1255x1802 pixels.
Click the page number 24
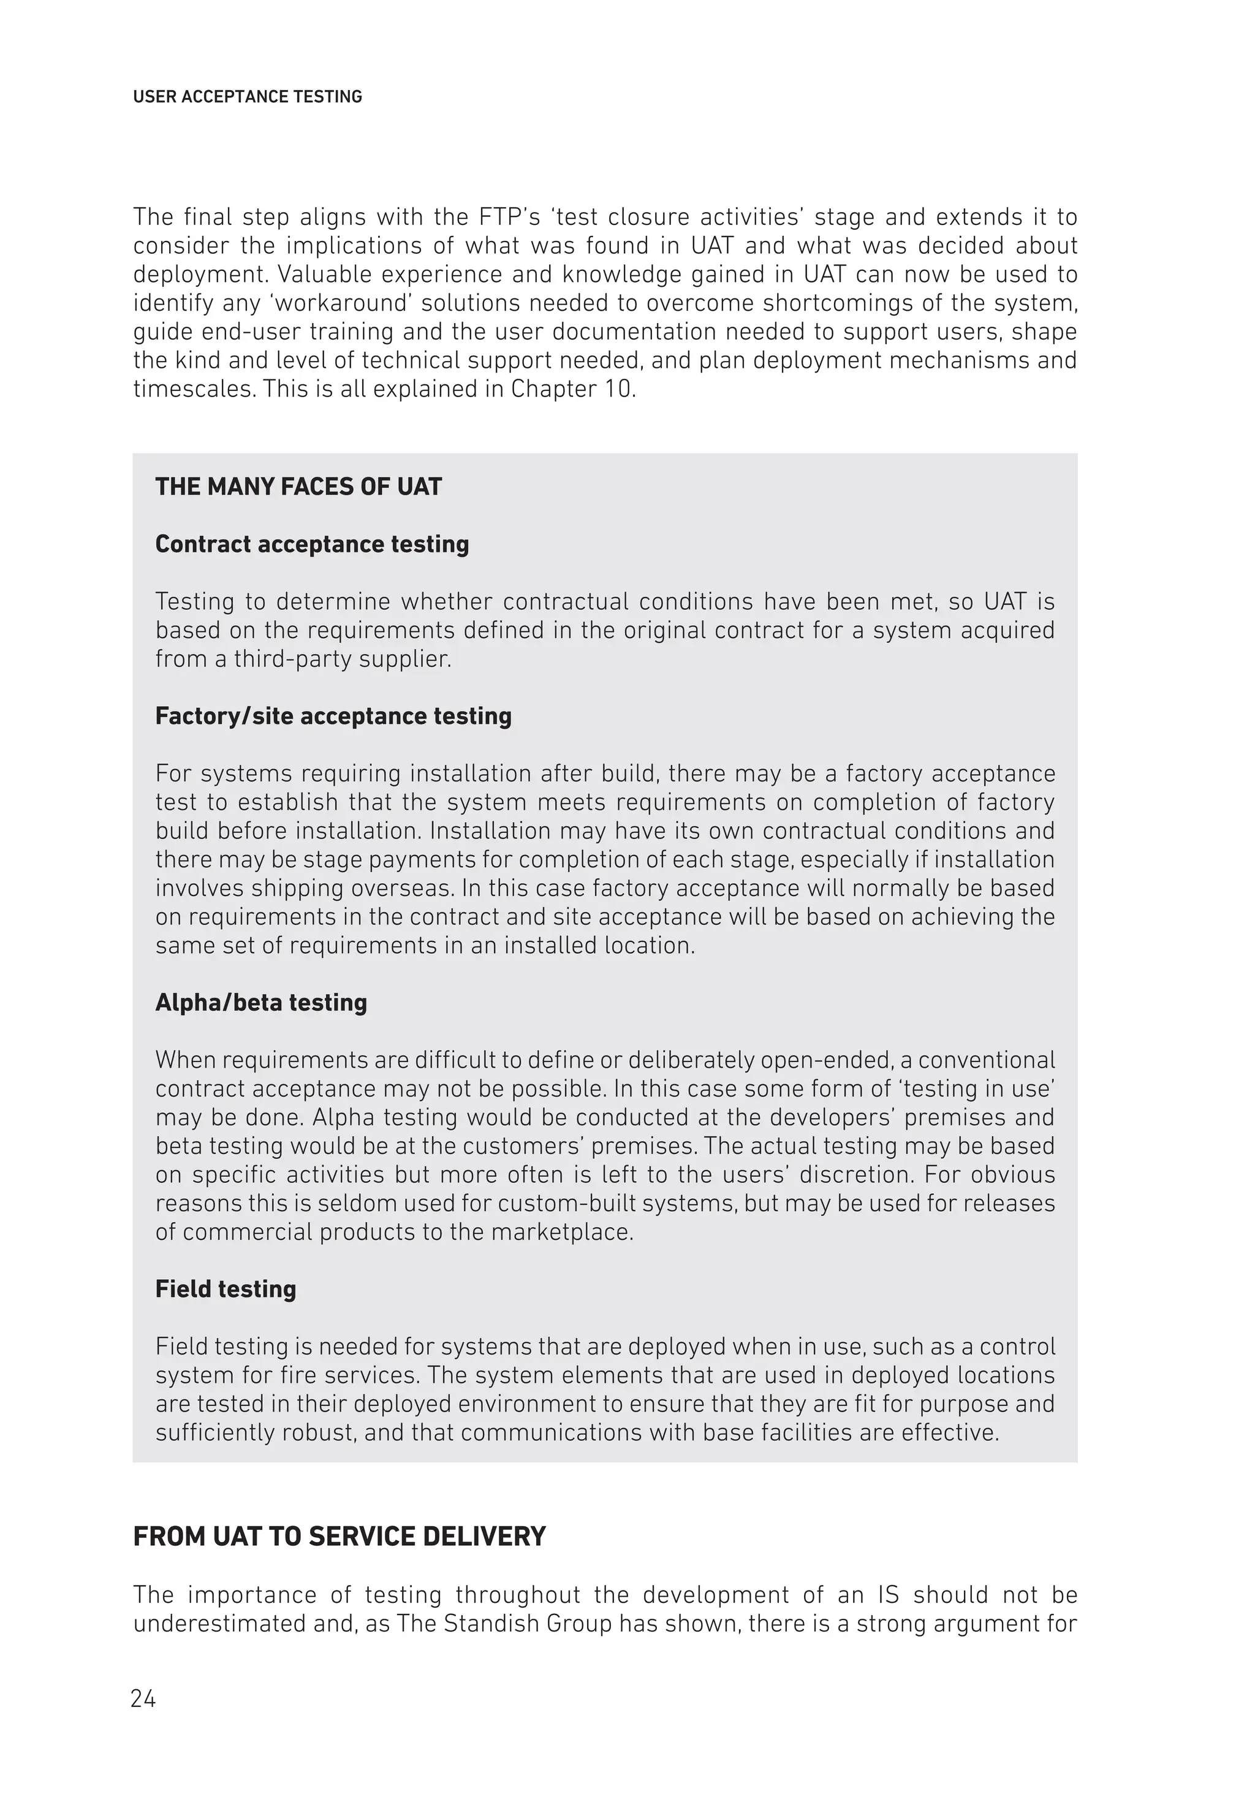[143, 1699]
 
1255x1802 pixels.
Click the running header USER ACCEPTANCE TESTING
[247, 97]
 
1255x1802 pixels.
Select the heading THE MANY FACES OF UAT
[298, 487]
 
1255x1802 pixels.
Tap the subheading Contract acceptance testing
[311, 544]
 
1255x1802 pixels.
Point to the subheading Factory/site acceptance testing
[333, 716]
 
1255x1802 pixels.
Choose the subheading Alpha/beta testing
[260, 1002]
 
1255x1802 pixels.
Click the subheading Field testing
[226, 1289]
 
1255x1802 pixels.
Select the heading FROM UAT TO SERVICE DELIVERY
[339, 1537]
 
